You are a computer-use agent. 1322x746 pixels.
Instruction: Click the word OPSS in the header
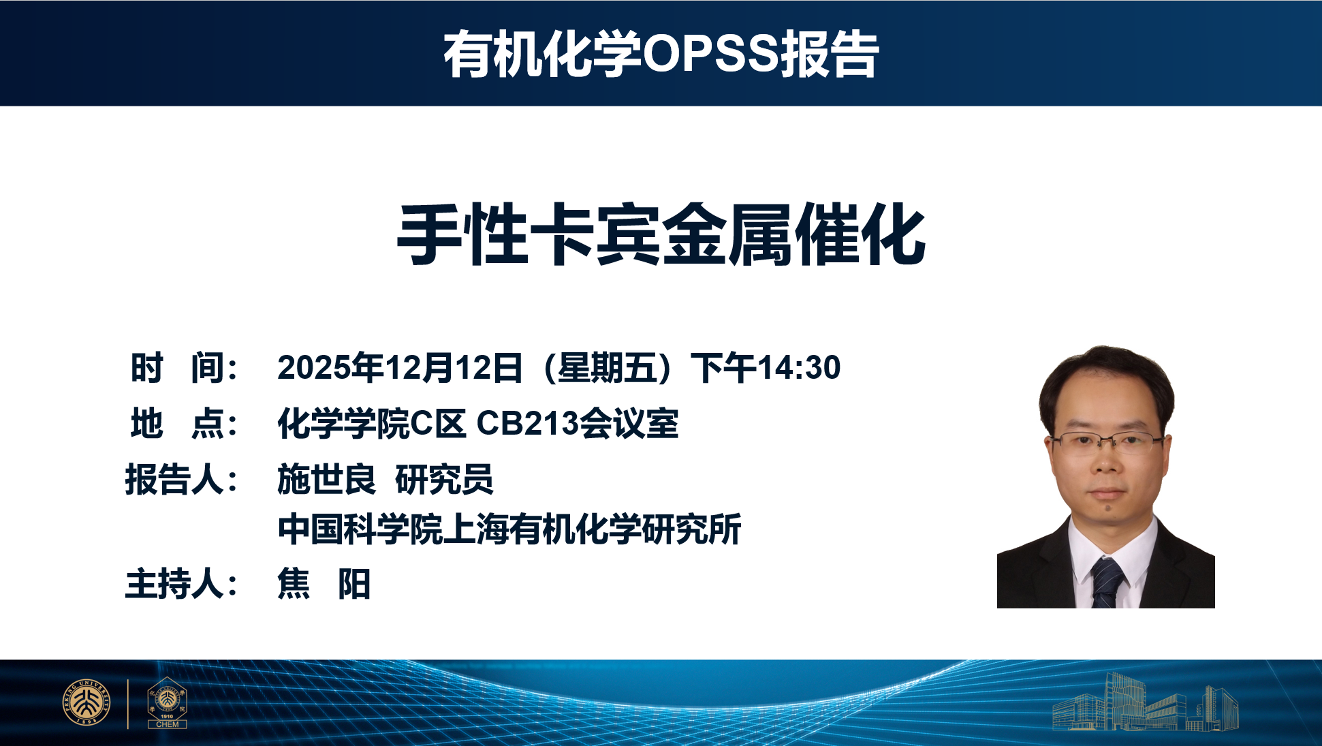pos(710,54)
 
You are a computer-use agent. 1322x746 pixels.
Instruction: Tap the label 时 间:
pos(184,368)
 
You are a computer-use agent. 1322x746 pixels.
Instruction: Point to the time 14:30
pos(799,368)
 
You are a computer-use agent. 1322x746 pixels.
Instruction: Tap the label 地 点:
pos(184,423)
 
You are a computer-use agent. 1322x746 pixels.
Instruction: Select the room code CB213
pos(527,423)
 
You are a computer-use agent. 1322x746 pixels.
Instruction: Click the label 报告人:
pos(181,479)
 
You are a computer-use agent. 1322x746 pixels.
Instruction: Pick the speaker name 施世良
pos(326,479)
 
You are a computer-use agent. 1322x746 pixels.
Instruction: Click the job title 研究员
pos(444,479)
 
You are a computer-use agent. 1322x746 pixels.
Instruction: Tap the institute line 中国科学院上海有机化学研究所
pos(509,529)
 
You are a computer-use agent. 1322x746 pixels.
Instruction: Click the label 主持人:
pos(181,584)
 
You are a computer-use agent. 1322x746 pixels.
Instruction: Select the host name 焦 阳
pos(324,584)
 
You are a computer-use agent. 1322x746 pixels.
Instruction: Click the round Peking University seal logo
pos(86,702)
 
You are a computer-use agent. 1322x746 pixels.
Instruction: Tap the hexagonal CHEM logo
pos(167,703)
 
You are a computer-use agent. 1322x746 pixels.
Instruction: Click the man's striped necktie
pos(1107,582)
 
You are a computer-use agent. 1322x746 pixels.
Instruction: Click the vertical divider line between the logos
pos(128,703)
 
